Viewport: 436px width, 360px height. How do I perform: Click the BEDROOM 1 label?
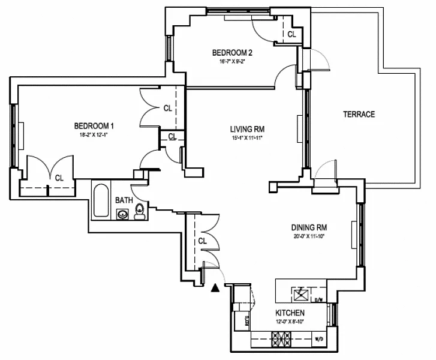[x=94, y=126]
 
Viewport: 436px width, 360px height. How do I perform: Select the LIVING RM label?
[x=248, y=129]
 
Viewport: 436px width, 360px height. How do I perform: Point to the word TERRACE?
[x=359, y=114]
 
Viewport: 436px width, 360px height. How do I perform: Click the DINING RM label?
[x=309, y=227]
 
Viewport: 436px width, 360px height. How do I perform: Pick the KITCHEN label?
[x=290, y=313]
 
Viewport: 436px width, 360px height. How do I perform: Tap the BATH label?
[x=124, y=200]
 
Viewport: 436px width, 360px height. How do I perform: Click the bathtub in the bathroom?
[x=101, y=203]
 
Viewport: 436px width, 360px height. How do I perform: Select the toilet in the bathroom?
[x=140, y=211]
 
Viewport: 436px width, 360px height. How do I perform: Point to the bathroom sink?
[x=123, y=214]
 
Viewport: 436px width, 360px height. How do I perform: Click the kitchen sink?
[x=302, y=295]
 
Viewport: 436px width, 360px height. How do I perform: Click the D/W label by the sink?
[x=319, y=299]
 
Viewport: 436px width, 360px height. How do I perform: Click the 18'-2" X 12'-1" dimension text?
[x=94, y=135]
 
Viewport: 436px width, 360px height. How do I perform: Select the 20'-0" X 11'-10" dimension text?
[x=309, y=236]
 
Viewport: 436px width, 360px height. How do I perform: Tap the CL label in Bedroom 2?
[x=291, y=35]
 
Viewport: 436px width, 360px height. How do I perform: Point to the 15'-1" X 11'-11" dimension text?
[x=247, y=138]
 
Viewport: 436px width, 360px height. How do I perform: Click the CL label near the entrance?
[x=202, y=241]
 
